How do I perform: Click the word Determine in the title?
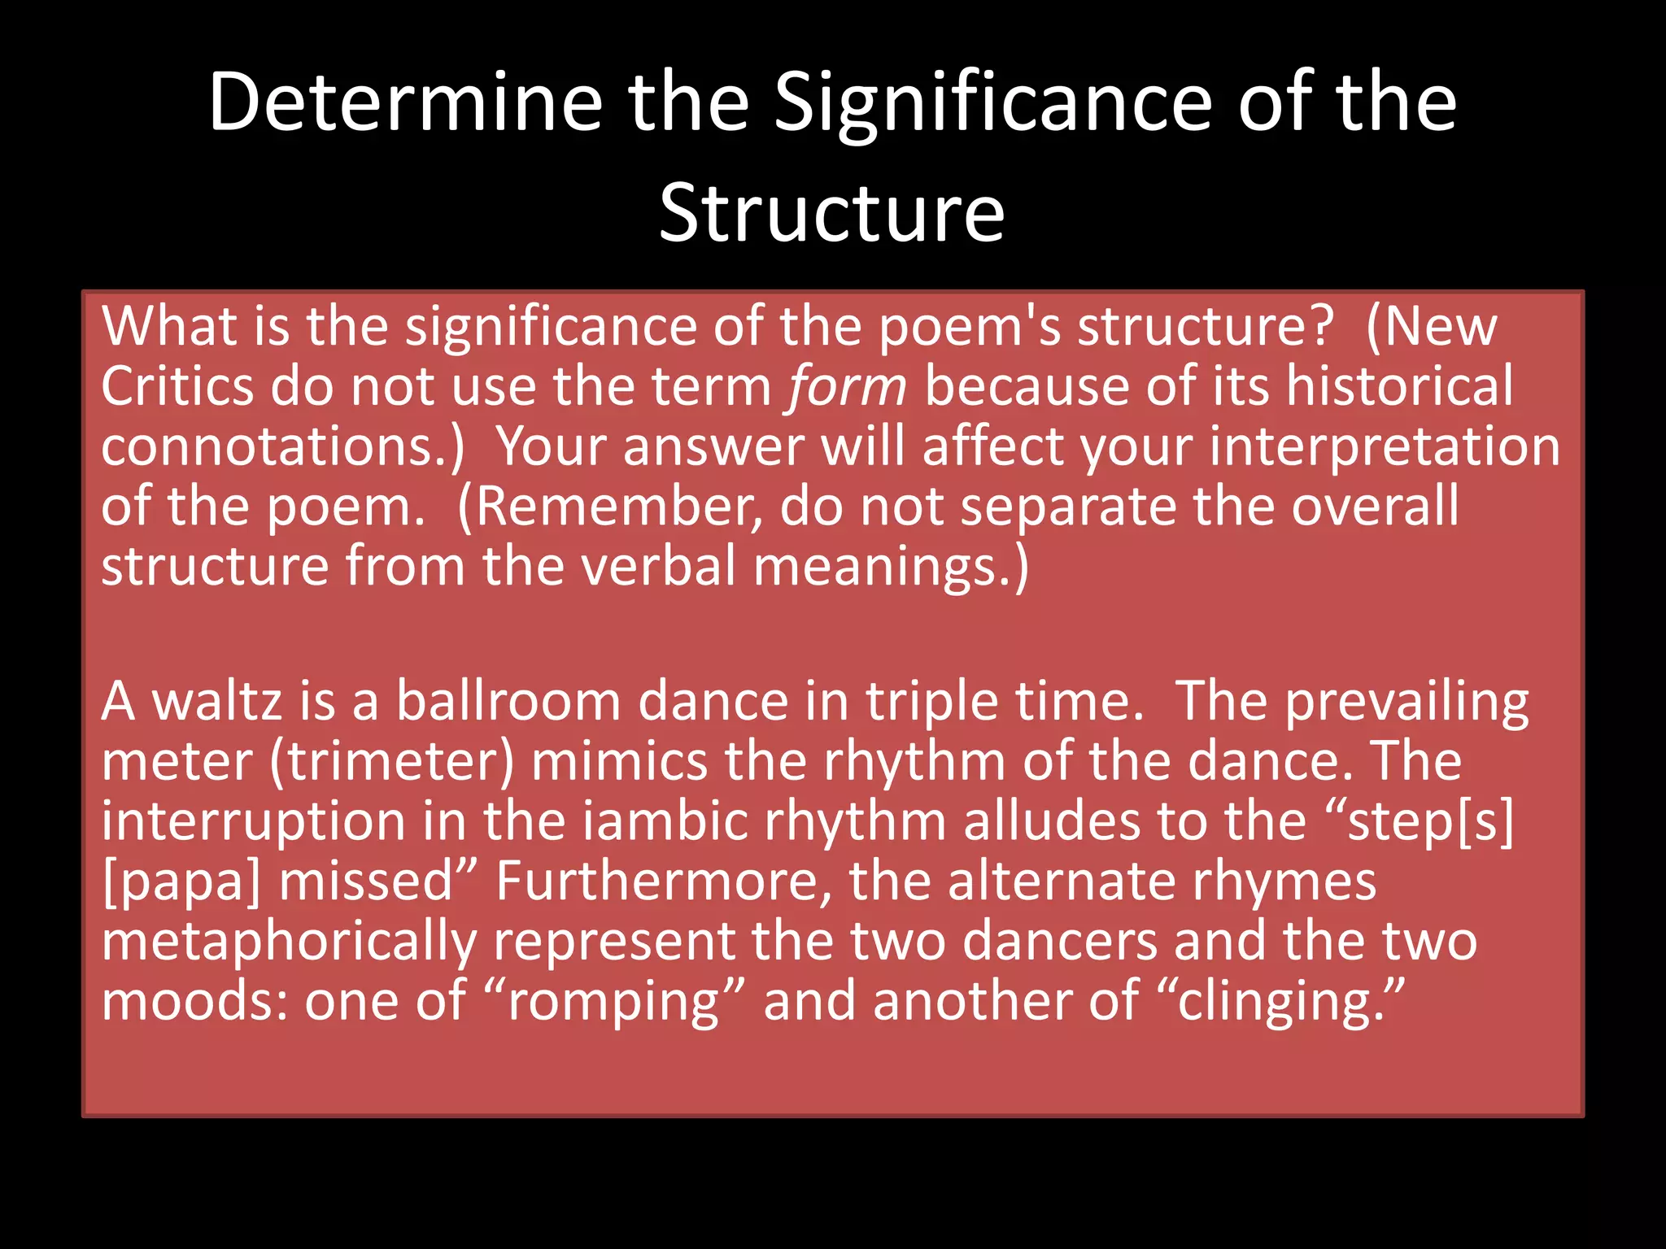click(405, 102)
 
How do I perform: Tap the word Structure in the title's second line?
click(831, 213)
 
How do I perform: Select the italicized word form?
click(847, 386)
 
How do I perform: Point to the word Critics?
click(177, 386)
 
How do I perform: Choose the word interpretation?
click(1385, 446)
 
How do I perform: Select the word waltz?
click(217, 701)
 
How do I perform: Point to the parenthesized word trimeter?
click(393, 762)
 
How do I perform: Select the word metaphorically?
click(289, 942)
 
